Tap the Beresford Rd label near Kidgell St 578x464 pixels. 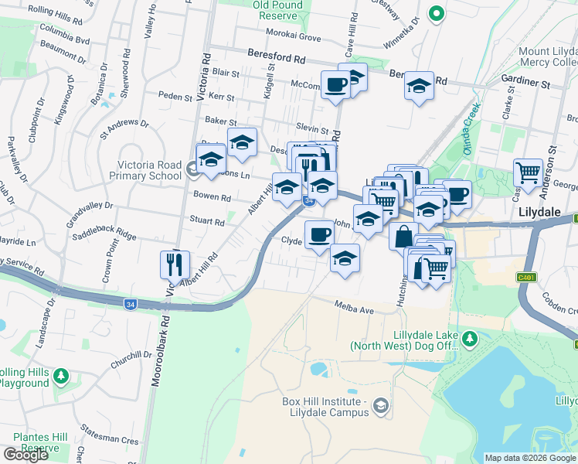(x=277, y=57)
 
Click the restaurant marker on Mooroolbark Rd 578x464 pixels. (x=173, y=264)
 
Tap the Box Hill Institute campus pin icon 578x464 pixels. (x=379, y=405)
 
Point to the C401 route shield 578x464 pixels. (x=527, y=276)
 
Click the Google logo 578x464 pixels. (x=25, y=455)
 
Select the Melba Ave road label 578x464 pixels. (x=355, y=309)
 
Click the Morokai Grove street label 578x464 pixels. (x=294, y=37)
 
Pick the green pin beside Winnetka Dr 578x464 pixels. (x=436, y=13)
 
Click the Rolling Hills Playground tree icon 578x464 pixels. (x=60, y=377)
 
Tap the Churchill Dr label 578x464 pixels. (x=131, y=357)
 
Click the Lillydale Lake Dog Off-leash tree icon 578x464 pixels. (x=469, y=338)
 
